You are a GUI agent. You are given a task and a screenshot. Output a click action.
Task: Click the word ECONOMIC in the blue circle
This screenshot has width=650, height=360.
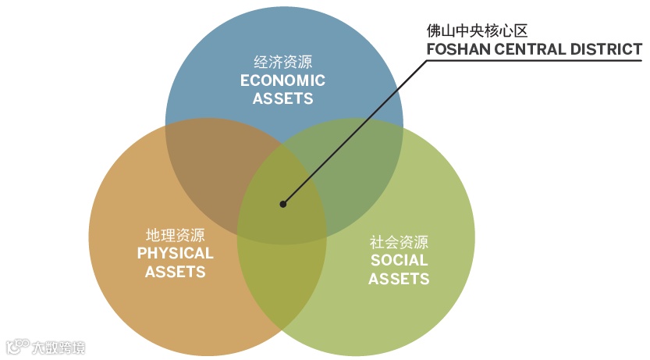click(x=282, y=80)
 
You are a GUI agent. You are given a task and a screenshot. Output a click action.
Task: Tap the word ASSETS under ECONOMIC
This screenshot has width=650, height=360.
click(x=282, y=99)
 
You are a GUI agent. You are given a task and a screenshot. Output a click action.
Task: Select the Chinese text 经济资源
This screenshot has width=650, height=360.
click(x=282, y=62)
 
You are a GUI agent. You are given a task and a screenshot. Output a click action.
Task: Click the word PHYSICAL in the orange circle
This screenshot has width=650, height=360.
click(x=175, y=253)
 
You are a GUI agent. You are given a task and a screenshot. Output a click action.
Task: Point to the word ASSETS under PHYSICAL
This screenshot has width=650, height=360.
click(x=175, y=272)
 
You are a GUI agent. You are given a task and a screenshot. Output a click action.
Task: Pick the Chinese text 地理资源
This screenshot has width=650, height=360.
click(x=175, y=234)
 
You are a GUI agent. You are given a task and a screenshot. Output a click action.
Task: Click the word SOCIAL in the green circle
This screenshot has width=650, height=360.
click(x=399, y=260)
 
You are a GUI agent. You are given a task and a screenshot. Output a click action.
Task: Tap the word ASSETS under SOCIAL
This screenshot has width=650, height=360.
click(x=399, y=279)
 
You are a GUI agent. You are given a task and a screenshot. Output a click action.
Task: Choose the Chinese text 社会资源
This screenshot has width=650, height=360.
click(x=399, y=242)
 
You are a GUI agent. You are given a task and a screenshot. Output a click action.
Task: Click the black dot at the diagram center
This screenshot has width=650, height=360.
click(x=283, y=205)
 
